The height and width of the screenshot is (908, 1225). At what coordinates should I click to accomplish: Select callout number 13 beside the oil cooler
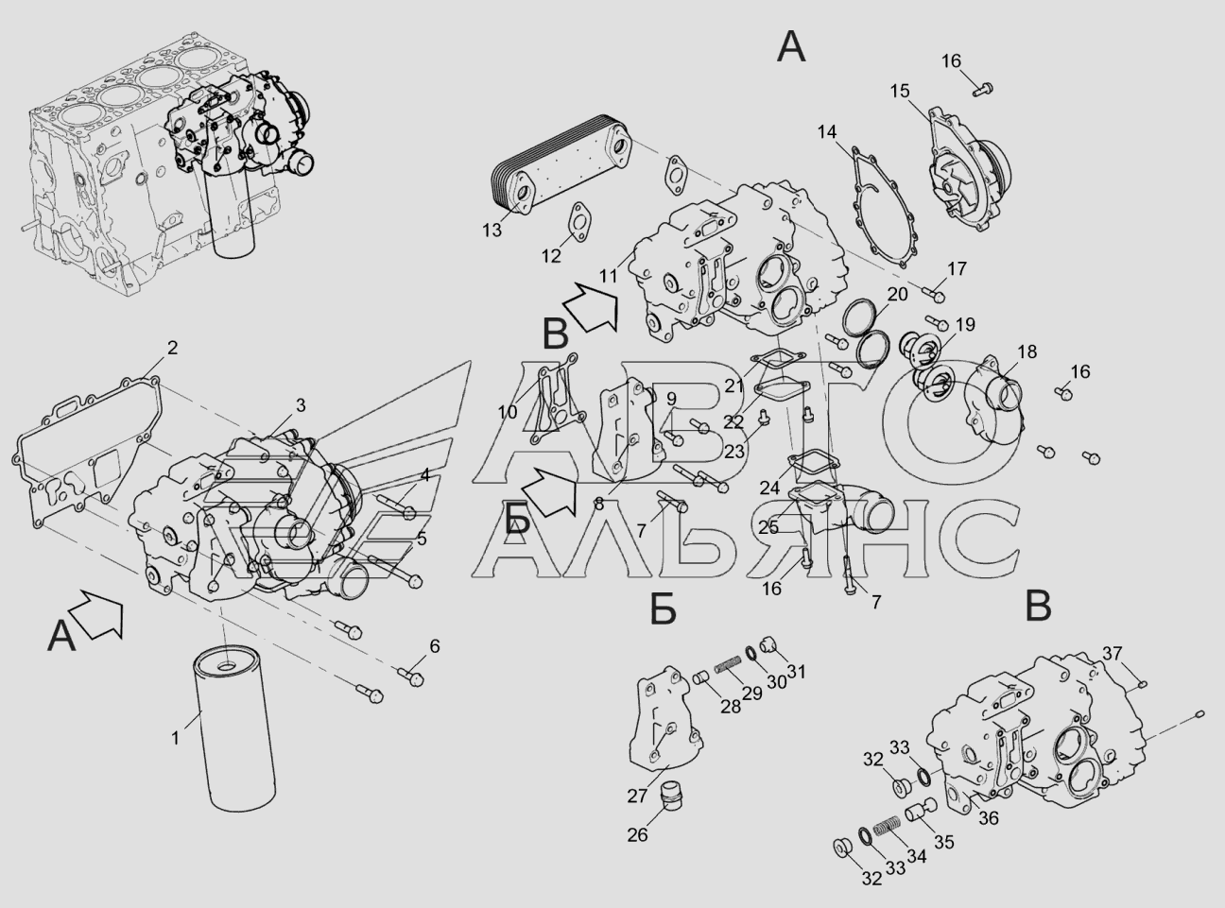[492, 230]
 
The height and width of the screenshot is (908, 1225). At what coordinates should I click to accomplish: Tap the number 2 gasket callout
[172, 348]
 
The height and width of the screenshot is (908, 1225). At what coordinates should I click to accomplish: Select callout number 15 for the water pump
[900, 91]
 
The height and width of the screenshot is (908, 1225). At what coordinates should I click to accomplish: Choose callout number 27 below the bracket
[637, 797]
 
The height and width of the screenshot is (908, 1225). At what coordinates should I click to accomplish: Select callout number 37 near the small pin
[1113, 654]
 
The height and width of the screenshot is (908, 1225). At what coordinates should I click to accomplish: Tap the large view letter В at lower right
[1039, 607]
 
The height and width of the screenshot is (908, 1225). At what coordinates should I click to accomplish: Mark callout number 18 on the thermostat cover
[1027, 351]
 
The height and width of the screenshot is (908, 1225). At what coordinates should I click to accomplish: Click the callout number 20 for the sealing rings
[898, 295]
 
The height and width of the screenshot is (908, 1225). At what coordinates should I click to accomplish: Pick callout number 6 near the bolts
[435, 646]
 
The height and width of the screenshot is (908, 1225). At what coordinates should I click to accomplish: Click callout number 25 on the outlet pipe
[768, 527]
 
